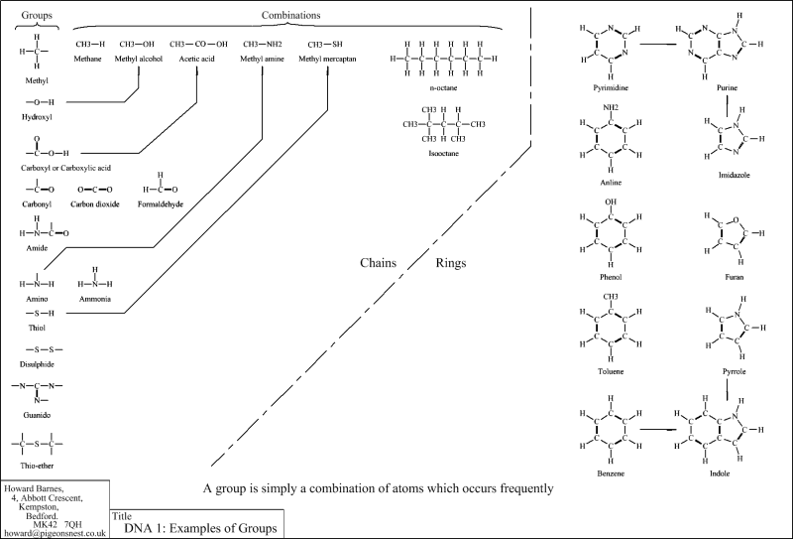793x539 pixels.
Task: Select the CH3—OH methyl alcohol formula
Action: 137,44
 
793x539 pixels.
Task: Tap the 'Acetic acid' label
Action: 197,60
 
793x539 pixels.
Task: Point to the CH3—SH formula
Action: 326,44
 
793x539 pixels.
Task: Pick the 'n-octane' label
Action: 443,88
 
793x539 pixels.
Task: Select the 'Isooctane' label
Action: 443,154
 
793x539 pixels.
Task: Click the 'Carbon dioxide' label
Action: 95,203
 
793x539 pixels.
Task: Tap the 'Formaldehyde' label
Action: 162,203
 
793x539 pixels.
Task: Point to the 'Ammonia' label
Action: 95,299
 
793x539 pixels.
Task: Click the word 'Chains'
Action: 379,263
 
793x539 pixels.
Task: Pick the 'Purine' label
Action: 728,88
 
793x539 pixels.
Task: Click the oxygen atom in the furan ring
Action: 732,220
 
